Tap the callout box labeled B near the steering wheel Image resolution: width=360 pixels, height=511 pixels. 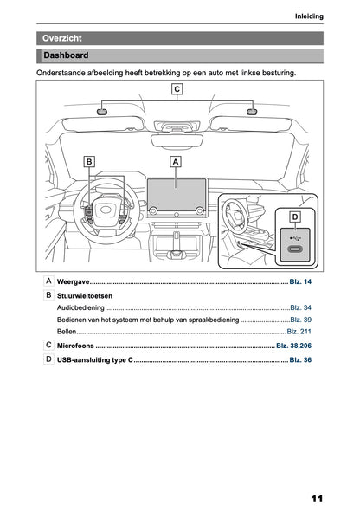pos(89,161)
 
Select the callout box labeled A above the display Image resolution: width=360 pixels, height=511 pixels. pos(176,161)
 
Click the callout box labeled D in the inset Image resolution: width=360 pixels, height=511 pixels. pos(295,216)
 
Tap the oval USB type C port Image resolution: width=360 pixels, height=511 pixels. pos(295,252)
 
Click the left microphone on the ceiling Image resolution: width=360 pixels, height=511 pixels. pos(101,112)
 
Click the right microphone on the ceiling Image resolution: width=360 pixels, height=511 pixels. pos(252,112)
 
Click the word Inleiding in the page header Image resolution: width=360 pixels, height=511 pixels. pos(309,16)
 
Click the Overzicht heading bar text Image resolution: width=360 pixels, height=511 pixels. pos(61,38)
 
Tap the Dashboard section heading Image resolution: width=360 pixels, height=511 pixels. pos(66,56)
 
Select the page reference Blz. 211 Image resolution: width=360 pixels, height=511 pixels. pos(299,332)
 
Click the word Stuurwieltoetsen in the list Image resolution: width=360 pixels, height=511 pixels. pos(85,295)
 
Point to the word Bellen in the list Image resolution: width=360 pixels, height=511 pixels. pos(67,332)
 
